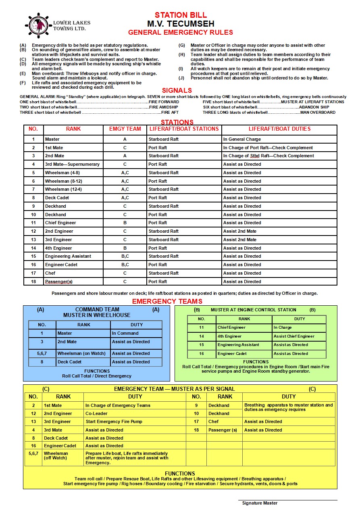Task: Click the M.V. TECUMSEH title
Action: pyautogui.click(x=181, y=24)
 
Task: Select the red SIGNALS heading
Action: pyautogui.click(x=177, y=90)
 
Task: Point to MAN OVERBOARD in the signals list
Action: pyautogui.click(x=318, y=113)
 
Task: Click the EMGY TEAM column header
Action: pyautogui.click(x=125, y=129)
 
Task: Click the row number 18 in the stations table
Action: pyautogui.click(x=34, y=282)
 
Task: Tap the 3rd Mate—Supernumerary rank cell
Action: pyautogui.click(x=72, y=164)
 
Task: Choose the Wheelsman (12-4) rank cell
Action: pyautogui.click(x=64, y=189)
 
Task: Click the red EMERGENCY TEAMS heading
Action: pyautogui.click(x=167, y=301)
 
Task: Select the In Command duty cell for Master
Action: pyautogui.click(x=125, y=333)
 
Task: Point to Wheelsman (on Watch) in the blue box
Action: pyautogui.click(x=81, y=353)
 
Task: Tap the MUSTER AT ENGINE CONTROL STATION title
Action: pyautogui.click(x=254, y=310)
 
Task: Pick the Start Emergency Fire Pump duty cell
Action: pyautogui.click(x=114, y=421)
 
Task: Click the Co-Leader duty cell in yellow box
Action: pyautogui.click(x=96, y=413)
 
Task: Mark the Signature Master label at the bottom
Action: pyautogui.click(x=260, y=503)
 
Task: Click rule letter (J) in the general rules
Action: pyautogui.click(x=182, y=78)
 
